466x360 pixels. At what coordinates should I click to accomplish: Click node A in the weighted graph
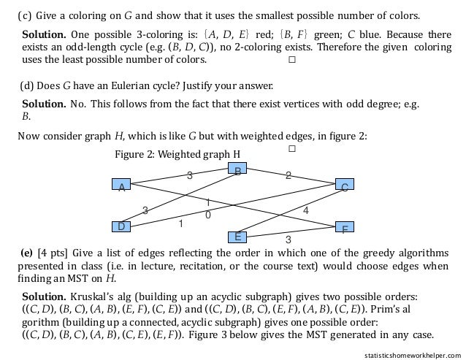click(x=121, y=185)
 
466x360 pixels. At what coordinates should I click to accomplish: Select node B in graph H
click(x=237, y=169)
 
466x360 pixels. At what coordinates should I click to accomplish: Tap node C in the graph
click(x=344, y=185)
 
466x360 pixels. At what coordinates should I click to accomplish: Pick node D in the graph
click(x=121, y=226)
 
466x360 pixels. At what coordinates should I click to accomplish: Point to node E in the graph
click(x=236, y=237)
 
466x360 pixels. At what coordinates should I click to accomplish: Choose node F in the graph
click(x=344, y=227)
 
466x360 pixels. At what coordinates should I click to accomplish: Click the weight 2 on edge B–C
click(x=288, y=175)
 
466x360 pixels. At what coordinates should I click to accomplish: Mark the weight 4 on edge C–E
click(x=305, y=210)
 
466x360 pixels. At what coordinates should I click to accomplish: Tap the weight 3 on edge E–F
click(x=288, y=240)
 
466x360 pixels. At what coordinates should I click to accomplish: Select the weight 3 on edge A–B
click(x=189, y=175)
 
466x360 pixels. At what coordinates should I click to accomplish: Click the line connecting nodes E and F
click(x=292, y=231)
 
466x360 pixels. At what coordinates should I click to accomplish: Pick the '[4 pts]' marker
click(x=51, y=253)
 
